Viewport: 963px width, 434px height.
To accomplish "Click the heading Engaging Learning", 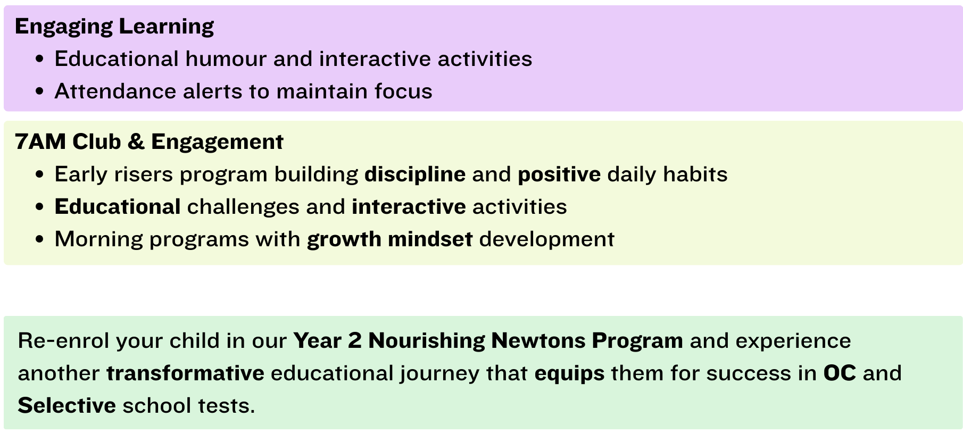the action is pyautogui.click(x=114, y=27).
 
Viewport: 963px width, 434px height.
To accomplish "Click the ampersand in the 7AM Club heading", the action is pyautogui.click(x=136, y=142).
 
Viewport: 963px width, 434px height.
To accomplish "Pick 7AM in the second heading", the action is pyautogui.click(x=40, y=142).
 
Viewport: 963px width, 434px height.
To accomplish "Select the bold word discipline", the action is pyautogui.click(x=415, y=174).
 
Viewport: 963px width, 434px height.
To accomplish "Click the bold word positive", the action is pyautogui.click(x=559, y=175).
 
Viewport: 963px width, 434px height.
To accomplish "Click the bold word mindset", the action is pyautogui.click(x=430, y=239).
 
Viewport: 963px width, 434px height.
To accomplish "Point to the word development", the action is pyautogui.click(x=547, y=240).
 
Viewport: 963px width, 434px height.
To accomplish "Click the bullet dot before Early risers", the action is pyautogui.click(x=39, y=175).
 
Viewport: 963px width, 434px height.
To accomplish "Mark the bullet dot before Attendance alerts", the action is pyautogui.click(x=39, y=91).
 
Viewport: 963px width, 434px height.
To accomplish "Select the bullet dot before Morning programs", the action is pyautogui.click(x=39, y=240).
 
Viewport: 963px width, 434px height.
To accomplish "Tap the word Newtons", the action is pyautogui.click(x=538, y=341).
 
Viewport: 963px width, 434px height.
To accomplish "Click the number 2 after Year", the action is pyautogui.click(x=355, y=341).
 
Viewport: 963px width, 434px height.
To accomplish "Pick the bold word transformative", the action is pyautogui.click(x=185, y=373).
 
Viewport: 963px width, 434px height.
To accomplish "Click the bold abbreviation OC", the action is pyautogui.click(x=840, y=373).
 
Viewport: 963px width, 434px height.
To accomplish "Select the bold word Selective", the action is pyautogui.click(x=67, y=406).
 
